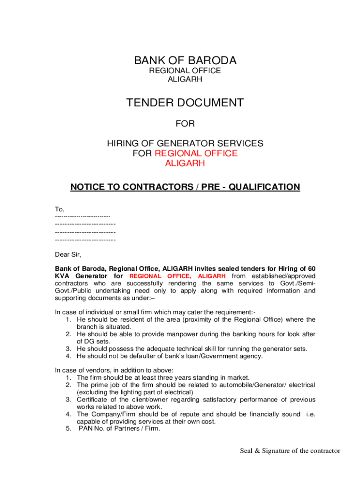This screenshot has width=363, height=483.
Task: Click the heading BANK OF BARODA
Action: click(x=185, y=60)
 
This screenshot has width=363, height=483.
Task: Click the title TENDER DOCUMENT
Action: click(x=185, y=102)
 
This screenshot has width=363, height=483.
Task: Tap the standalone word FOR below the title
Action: click(x=185, y=124)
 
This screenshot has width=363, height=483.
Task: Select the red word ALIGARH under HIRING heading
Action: click(x=185, y=164)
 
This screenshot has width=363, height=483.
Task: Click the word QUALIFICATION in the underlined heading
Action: click(x=262, y=187)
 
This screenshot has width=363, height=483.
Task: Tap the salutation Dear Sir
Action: click(x=68, y=255)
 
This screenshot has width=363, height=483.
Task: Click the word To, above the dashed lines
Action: click(x=60, y=209)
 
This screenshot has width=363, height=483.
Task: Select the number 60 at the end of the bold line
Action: click(x=311, y=268)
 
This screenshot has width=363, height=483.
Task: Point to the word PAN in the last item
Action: click(x=86, y=429)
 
